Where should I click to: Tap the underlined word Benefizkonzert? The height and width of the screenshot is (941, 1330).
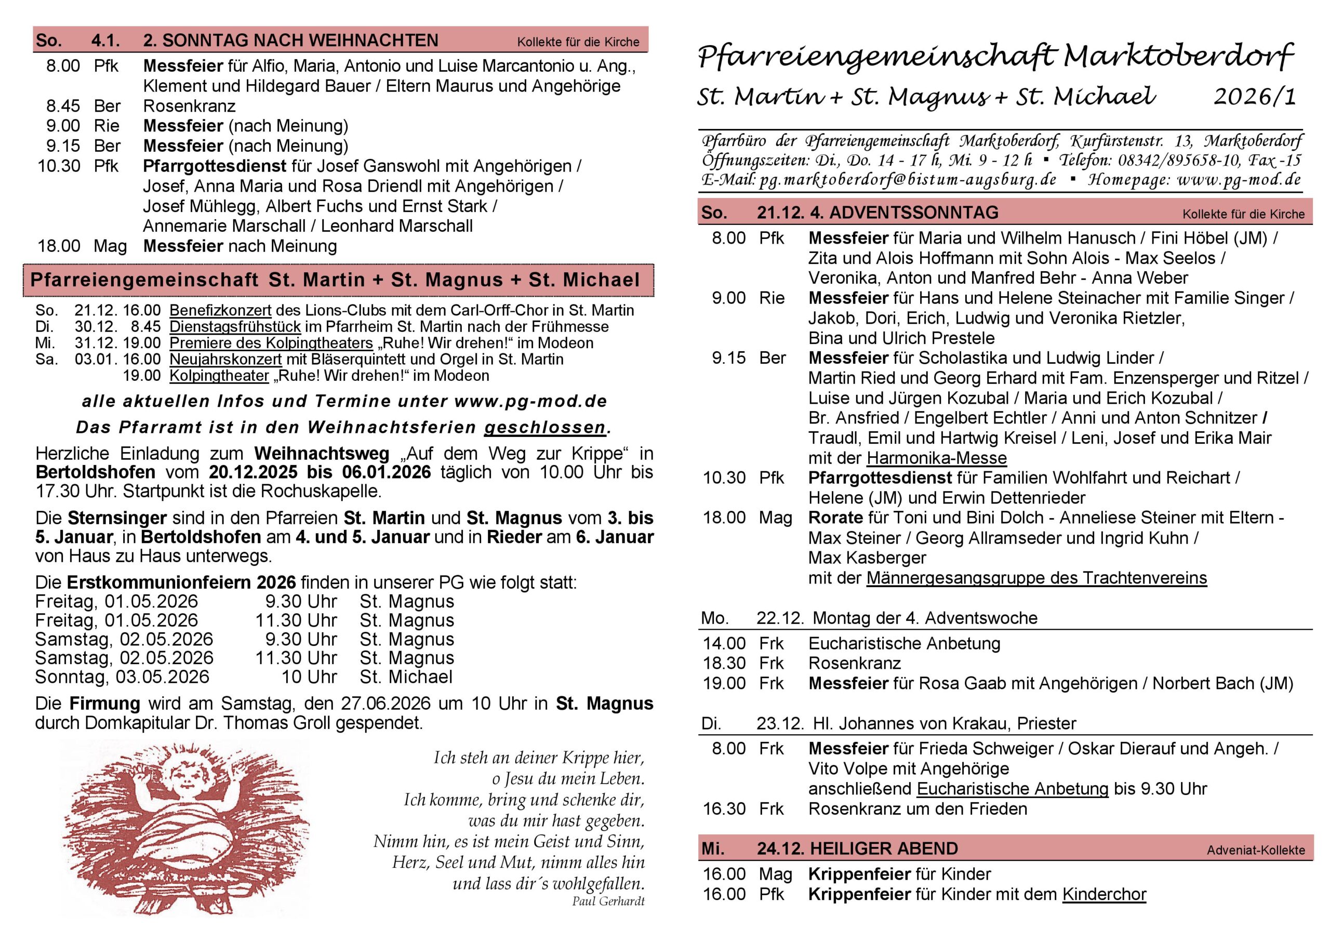click(x=220, y=311)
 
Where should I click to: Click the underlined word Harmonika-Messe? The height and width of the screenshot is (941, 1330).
click(x=936, y=458)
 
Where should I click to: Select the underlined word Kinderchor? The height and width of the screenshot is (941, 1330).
click(x=1103, y=894)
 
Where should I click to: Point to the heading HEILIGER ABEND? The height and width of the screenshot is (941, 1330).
click(x=883, y=849)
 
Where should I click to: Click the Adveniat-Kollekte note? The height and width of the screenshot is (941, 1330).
click(x=1255, y=851)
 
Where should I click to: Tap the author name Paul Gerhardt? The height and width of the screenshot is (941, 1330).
click(x=608, y=901)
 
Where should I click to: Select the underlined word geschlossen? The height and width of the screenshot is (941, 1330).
click(x=545, y=428)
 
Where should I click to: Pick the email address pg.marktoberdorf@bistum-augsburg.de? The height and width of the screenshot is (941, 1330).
click(x=908, y=180)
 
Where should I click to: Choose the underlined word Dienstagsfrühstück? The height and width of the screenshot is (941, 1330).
click(x=235, y=327)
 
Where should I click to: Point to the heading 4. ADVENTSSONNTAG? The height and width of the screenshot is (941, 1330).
click(x=903, y=213)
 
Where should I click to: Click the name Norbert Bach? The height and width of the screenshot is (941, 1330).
click(x=1203, y=683)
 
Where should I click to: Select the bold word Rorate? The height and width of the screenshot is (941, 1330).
click(x=835, y=518)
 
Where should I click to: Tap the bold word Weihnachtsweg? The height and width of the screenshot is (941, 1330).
click(x=322, y=453)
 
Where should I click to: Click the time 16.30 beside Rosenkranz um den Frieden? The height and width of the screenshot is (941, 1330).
click(x=724, y=809)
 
